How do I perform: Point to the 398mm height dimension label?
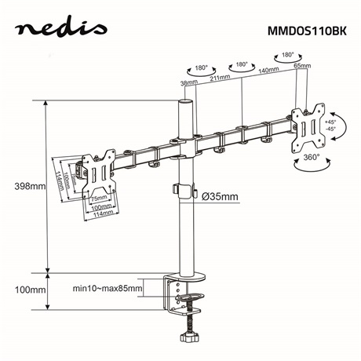tap(30, 186)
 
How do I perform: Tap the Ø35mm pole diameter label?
tap(220, 195)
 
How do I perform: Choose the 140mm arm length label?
tap(270, 70)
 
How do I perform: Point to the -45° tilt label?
tap(329, 130)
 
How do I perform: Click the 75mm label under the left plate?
tap(97, 199)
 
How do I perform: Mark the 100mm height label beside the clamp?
tap(30, 290)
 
